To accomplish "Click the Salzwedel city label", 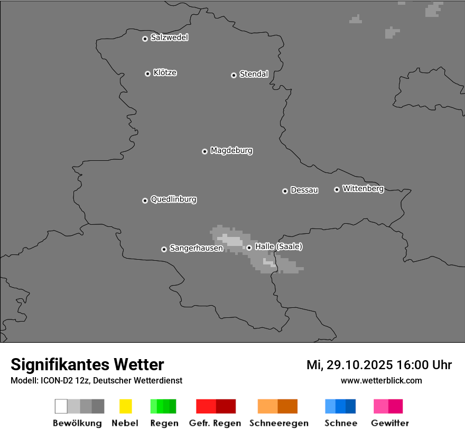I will tap(169, 38).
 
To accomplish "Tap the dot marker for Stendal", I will tap(234, 75).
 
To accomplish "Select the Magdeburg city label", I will tap(231, 151).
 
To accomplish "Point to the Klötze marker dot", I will tap(147, 74).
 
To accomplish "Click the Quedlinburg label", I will tap(173, 199).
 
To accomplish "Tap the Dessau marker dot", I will tap(285, 191).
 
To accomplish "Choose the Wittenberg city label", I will tap(363, 188).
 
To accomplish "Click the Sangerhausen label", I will tap(196, 248).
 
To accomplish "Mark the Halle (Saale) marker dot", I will tap(249, 248).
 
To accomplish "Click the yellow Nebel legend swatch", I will tap(125, 406).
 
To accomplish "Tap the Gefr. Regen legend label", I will tap(215, 423).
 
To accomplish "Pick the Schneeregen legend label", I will tap(278, 423).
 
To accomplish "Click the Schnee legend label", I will tap(341, 423).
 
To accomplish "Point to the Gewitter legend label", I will tap(389, 423).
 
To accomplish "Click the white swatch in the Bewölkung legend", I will tap(61, 406).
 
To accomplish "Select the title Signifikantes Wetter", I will tap(87, 364).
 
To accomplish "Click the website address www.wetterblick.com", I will tap(381, 380).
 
